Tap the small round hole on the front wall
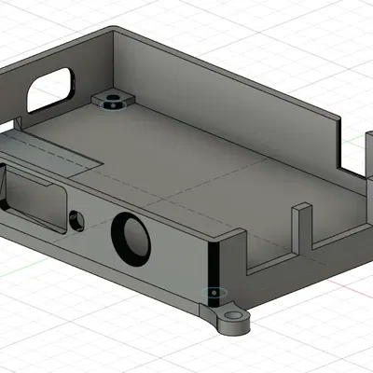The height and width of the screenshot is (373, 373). (76, 220)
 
